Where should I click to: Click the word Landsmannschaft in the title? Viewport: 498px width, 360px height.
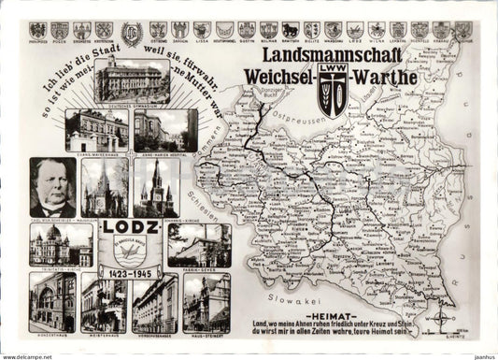327,57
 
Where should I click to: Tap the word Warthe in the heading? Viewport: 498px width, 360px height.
384,77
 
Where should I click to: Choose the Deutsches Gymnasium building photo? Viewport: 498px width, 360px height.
131,79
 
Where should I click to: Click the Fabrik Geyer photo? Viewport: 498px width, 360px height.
199,245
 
